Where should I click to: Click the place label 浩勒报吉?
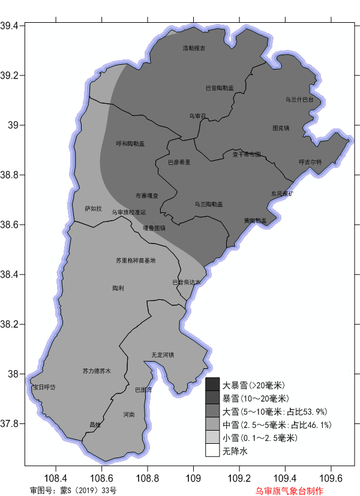194,48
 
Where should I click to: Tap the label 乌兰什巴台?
299,100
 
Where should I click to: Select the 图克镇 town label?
281,128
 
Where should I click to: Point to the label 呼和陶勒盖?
130,144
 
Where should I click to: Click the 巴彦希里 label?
179,162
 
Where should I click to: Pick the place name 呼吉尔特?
310,162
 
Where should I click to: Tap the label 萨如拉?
93,209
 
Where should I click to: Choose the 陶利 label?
118,288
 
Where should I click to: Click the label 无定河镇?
163,355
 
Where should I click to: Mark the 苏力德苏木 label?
97,371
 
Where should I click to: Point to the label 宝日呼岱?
44,387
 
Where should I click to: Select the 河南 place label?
129,414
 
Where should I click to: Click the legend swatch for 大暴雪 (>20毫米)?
212,384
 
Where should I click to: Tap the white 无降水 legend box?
212,450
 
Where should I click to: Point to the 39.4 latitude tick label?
11,26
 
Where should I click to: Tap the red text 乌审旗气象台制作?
289,491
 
